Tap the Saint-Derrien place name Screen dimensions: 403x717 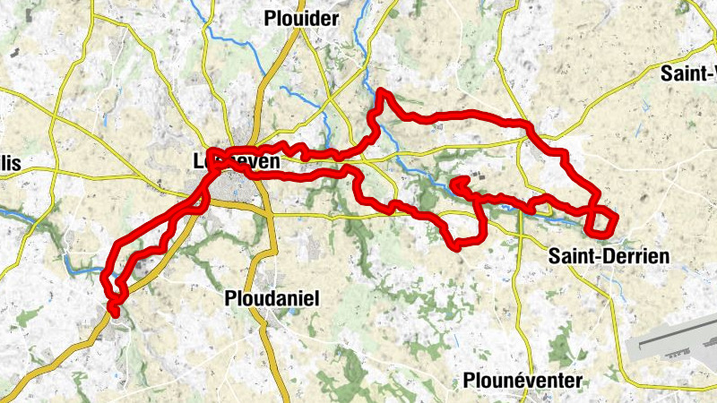609,257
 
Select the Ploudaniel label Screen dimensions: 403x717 272,297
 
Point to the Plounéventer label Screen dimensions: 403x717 523,381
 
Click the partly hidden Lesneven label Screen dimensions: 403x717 237,162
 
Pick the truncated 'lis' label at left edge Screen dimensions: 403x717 10,163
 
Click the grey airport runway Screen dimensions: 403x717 672,346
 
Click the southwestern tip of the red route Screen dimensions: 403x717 113,311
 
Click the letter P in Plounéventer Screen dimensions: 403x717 469,381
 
